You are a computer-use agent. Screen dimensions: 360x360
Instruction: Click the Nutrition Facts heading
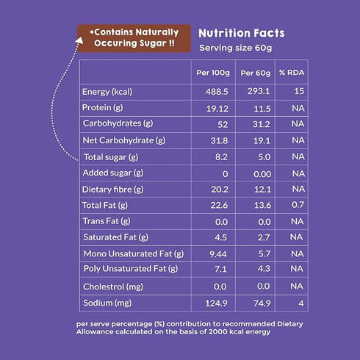coord(242,33)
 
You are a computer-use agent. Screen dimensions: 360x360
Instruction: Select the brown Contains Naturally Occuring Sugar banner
coord(133,38)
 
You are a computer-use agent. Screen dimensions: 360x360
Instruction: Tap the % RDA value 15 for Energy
coord(298,91)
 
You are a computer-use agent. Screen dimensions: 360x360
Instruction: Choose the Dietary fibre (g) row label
coord(114,189)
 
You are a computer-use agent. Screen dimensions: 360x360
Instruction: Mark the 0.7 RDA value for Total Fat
coord(297,205)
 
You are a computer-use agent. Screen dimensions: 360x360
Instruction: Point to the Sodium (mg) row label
coord(108,303)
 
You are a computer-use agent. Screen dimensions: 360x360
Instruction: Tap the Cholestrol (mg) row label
coord(113,287)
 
